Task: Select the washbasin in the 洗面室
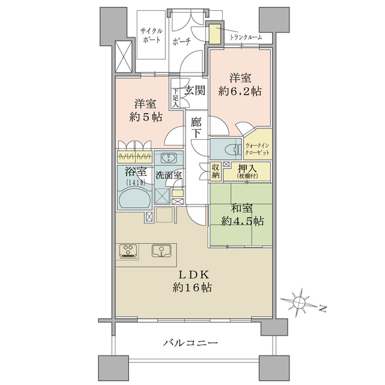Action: coord(169,158)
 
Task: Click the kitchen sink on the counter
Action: coord(161,251)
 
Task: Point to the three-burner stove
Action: coord(128,251)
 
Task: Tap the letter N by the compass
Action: coord(323,309)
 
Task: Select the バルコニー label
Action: coord(191,342)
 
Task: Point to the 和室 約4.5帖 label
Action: coord(243,215)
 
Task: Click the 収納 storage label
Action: coord(216,171)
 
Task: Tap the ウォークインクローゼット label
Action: coord(257,149)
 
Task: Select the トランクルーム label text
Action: coord(246,37)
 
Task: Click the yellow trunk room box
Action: coord(215,34)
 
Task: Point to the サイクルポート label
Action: coord(151,35)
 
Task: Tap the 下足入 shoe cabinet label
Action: coord(175,98)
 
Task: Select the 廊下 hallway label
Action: coord(196,128)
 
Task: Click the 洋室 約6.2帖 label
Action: coord(240,85)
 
